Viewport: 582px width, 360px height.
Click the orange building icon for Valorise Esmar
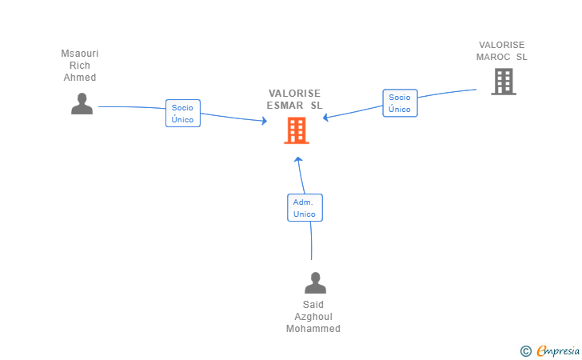(297, 130)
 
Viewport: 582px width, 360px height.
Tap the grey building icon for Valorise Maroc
(504, 82)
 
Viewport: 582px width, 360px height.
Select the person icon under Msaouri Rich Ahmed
(82, 104)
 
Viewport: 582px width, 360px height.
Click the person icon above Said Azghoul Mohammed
(316, 282)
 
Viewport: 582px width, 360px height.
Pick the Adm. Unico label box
(305, 208)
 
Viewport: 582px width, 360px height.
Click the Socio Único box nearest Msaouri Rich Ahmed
(183, 114)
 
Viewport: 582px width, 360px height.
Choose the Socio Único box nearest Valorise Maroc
(400, 103)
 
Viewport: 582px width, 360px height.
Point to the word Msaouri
(80, 54)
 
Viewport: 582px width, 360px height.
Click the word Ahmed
(80, 78)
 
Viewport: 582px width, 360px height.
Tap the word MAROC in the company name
(493, 57)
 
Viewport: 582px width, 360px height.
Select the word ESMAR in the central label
(285, 106)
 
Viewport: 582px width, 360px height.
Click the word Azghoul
(313, 317)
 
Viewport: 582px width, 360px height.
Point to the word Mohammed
(313, 329)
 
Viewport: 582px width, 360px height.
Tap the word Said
(313, 305)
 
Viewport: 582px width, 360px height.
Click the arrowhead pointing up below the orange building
(298, 159)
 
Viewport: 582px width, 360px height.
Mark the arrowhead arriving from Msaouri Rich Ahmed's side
(265, 121)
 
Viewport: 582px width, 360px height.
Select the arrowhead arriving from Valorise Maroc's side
(325, 118)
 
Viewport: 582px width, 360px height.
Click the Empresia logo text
(558, 350)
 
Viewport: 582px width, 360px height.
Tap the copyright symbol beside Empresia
(526, 351)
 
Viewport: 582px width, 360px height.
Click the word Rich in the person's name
(80, 66)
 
